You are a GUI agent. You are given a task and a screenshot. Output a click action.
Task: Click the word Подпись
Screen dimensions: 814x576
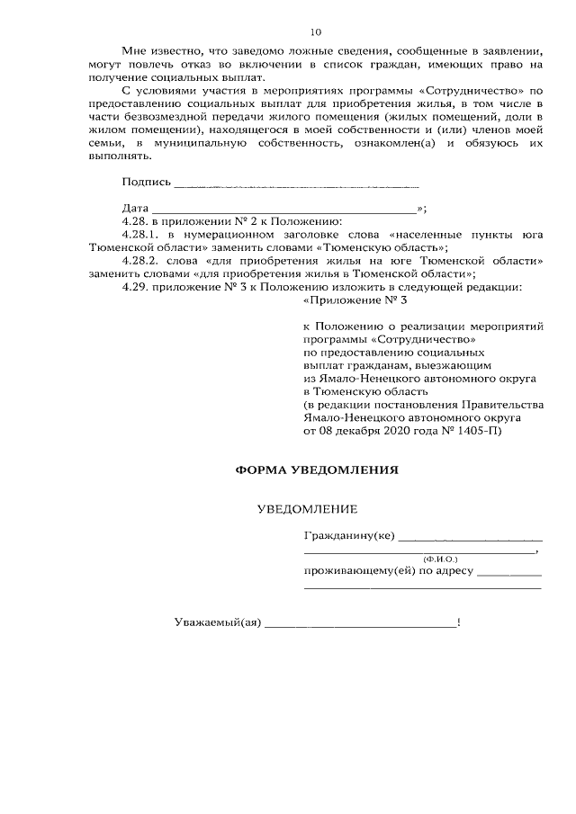pyautogui.click(x=146, y=183)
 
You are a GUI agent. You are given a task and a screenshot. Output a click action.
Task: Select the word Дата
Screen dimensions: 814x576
pyautogui.click(x=135, y=207)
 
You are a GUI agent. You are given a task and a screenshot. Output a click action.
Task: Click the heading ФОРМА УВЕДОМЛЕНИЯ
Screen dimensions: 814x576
pyautogui.click(x=315, y=470)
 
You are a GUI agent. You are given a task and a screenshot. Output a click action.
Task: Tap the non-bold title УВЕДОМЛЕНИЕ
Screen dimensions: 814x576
pyautogui.click(x=307, y=509)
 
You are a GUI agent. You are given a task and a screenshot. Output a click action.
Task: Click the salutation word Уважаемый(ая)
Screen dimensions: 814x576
pyautogui.click(x=216, y=622)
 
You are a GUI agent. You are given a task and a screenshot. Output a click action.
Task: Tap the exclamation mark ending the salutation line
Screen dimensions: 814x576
pyautogui.click(x=459, y=622)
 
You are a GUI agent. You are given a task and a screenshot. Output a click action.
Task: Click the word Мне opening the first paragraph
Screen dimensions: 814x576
pyautogui.click(x=134, y=51)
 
